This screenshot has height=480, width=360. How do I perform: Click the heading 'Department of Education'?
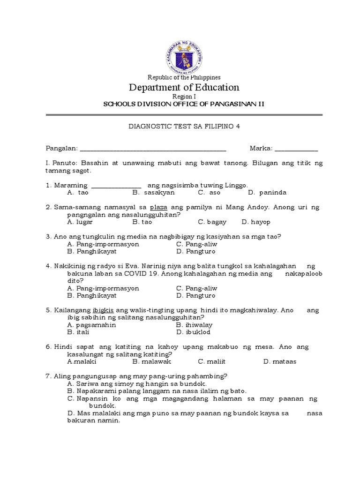click(x=184, y=87)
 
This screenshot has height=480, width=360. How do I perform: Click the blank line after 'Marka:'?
click(x=296, y=149)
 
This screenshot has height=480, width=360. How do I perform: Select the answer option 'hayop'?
click(x=261, y=222)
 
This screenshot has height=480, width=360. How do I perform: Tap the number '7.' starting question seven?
click(x=49, y=376)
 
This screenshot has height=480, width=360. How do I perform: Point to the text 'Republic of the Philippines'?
click(x=184, y=77)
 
